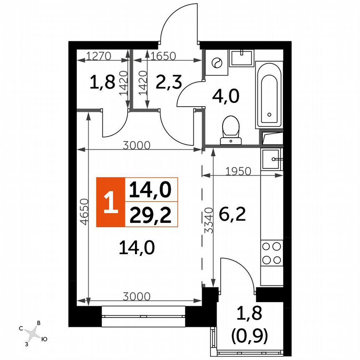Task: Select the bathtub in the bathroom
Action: pos(269,94)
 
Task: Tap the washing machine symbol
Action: pos(217,63)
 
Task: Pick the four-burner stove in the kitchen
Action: pos(271,253)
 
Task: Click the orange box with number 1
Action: pos(110,202)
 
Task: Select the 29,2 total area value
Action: pos(151,215)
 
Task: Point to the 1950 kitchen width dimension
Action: pos(238,171)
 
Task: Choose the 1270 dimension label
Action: pos(99,55)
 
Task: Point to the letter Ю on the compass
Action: pos(44,340)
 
